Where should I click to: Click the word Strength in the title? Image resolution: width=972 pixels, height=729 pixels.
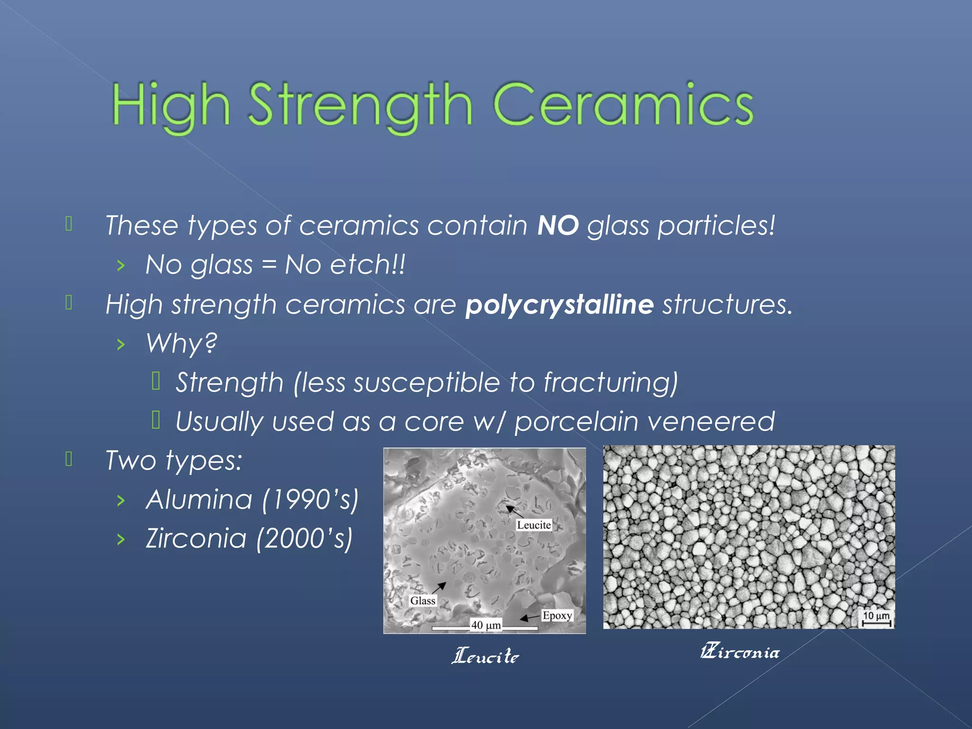[360, 105]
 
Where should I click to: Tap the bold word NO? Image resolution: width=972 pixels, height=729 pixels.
[558, 225]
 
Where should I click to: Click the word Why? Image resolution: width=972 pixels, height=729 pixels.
[181, 343]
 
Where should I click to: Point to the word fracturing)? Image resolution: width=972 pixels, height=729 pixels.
[610, 383]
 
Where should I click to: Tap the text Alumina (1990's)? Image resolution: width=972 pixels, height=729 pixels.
[252, 500]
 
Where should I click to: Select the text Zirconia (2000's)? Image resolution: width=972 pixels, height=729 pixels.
[249, 539]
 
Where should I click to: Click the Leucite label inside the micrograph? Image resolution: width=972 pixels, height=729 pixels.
[533, 525]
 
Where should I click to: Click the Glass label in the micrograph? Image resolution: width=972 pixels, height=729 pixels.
[422, 601]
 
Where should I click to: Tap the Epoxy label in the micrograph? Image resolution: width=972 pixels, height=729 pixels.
[557, 616]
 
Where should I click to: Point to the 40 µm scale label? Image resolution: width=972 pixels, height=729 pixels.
[485, 625]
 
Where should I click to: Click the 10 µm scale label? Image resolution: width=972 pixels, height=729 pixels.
[876, 616]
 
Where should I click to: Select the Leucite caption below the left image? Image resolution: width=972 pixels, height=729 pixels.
[485, 656]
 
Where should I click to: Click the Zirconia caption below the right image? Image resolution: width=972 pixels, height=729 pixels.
[739, 652]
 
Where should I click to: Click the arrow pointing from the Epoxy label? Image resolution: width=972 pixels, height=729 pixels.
[529, 618]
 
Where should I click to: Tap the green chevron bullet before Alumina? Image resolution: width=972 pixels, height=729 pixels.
[121, 500]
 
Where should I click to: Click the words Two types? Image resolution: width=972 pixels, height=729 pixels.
[174, 460]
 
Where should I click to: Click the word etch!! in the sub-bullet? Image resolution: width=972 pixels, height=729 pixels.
[368, 265]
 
